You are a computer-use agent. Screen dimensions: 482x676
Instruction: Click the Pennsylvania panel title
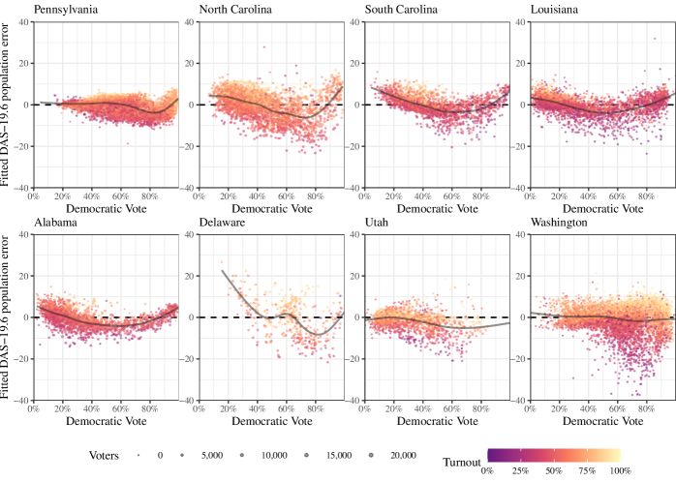click(66, 11)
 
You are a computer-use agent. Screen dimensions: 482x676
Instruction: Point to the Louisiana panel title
click(557, 11)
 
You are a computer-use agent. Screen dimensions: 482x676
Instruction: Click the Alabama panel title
click(55, 224)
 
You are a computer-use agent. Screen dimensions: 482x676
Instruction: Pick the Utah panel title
click(379, 224)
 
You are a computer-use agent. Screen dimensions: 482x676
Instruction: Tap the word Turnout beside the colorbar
click(463, 463)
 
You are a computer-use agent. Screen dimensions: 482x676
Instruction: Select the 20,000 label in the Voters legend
click(403, 455)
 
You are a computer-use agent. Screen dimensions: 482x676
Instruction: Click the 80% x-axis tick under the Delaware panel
click(316, 408)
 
